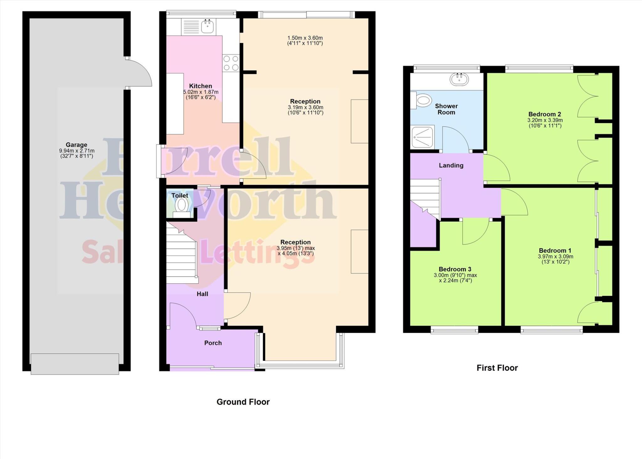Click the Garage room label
76,145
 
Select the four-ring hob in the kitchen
231,63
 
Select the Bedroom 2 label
545,114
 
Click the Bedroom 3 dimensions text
455,278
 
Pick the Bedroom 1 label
555,251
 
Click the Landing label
451,165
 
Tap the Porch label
213,343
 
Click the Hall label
202,294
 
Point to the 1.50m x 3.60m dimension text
305,41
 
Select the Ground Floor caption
243,402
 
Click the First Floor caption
497,368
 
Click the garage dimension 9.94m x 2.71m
76,153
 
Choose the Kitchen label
200,86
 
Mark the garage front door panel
75,364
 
